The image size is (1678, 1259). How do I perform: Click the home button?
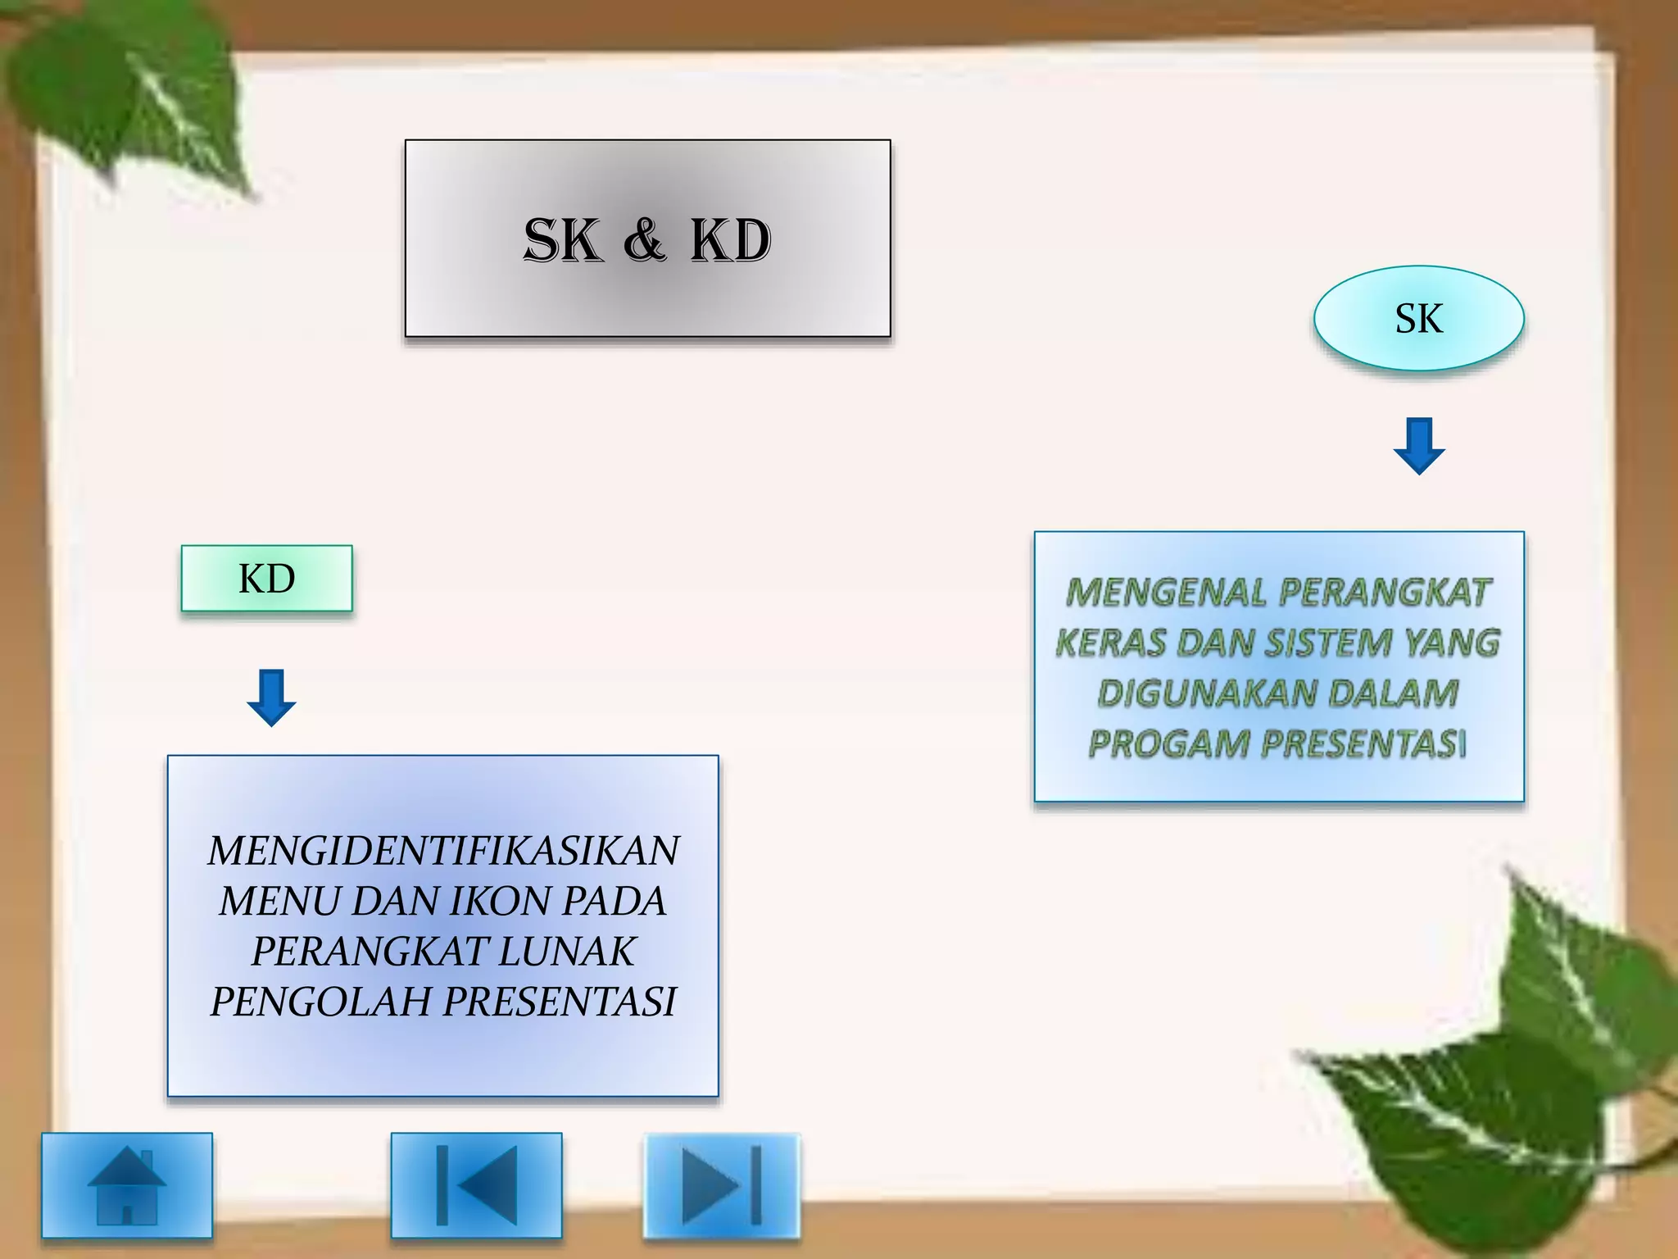(127, 1184)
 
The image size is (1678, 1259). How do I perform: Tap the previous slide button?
(476, 1184)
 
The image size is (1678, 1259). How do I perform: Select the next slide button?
(721, 1184)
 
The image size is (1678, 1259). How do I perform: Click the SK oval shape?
(1418, 318)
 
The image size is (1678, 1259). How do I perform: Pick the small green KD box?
(267, 579)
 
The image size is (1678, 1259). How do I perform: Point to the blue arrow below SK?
(1418, 446)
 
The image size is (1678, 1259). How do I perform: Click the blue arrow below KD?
(271, 698)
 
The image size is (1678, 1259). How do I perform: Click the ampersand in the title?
(645, 240)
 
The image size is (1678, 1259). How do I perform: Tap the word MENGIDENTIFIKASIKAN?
(443, 851)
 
